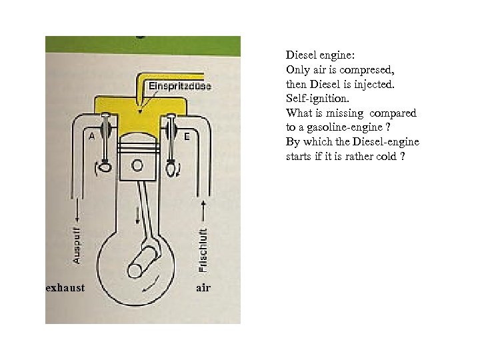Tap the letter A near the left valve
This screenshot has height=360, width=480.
[x=91, y=136]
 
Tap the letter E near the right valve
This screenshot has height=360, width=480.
[x=187, y=136]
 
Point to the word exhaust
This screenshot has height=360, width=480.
[x=65, y=288]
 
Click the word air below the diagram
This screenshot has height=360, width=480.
[x=203, y=288]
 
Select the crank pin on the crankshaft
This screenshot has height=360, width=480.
[x=136, y=271]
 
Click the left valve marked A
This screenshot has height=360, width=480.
[x=105, y=143]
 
